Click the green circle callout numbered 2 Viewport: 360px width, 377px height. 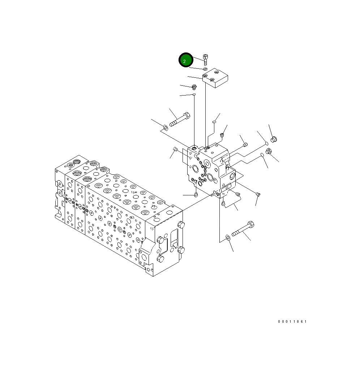(186, 60)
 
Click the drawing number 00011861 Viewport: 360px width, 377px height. (292, 321)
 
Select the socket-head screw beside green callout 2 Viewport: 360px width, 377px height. (205, 60)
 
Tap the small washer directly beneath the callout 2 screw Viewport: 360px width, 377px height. (205, 69)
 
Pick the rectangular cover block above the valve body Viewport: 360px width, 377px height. (215, 78)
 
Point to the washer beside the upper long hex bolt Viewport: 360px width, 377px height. (166, 127)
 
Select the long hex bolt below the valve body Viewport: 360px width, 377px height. (243, 229)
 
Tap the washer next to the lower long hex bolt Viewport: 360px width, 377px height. (228, 238)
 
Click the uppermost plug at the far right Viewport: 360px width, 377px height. (274, 139)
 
